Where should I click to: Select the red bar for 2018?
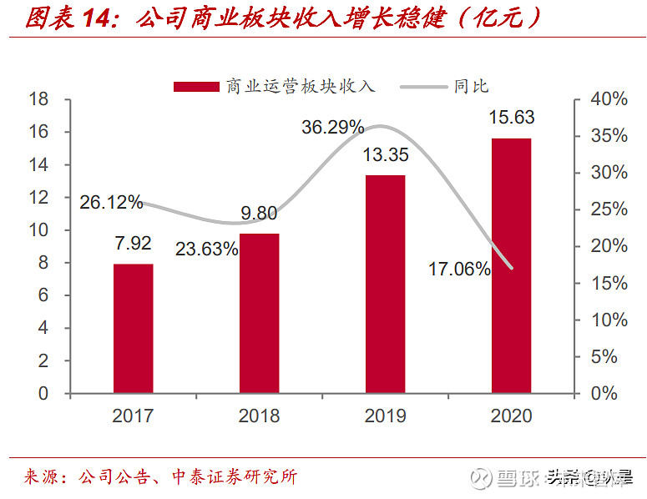click(x=259, y=313)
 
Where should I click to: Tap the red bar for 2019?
click(x=385, y=284)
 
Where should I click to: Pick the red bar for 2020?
click(x=511, y=265)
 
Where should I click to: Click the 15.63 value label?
click(x=512, y=118)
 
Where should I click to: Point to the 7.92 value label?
click(x=134, y=244)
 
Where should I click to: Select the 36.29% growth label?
click(x=332, y=128)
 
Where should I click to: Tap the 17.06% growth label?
click(x=459, y=269)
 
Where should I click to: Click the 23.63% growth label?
click(x=206, y=249)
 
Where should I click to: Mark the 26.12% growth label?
click(x=112, y=202)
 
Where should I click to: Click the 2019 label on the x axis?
click(x=385, y=416)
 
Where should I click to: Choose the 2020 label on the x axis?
click(x=511, y=416)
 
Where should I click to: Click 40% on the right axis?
click(x=610, y=99)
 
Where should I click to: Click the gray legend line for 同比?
click(x=423, y=86)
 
